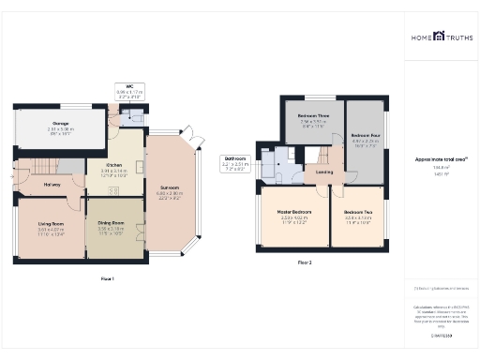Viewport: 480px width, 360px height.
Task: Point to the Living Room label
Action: point(51,224)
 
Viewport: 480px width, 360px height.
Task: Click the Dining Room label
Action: point(112,223)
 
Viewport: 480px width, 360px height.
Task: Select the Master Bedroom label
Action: point(295,213)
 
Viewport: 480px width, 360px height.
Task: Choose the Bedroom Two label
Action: point(357,213)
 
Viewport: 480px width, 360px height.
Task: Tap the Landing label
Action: point(324,172)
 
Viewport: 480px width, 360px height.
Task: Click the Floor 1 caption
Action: point(108,278)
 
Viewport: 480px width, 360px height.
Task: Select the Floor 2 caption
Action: point(305,262)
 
